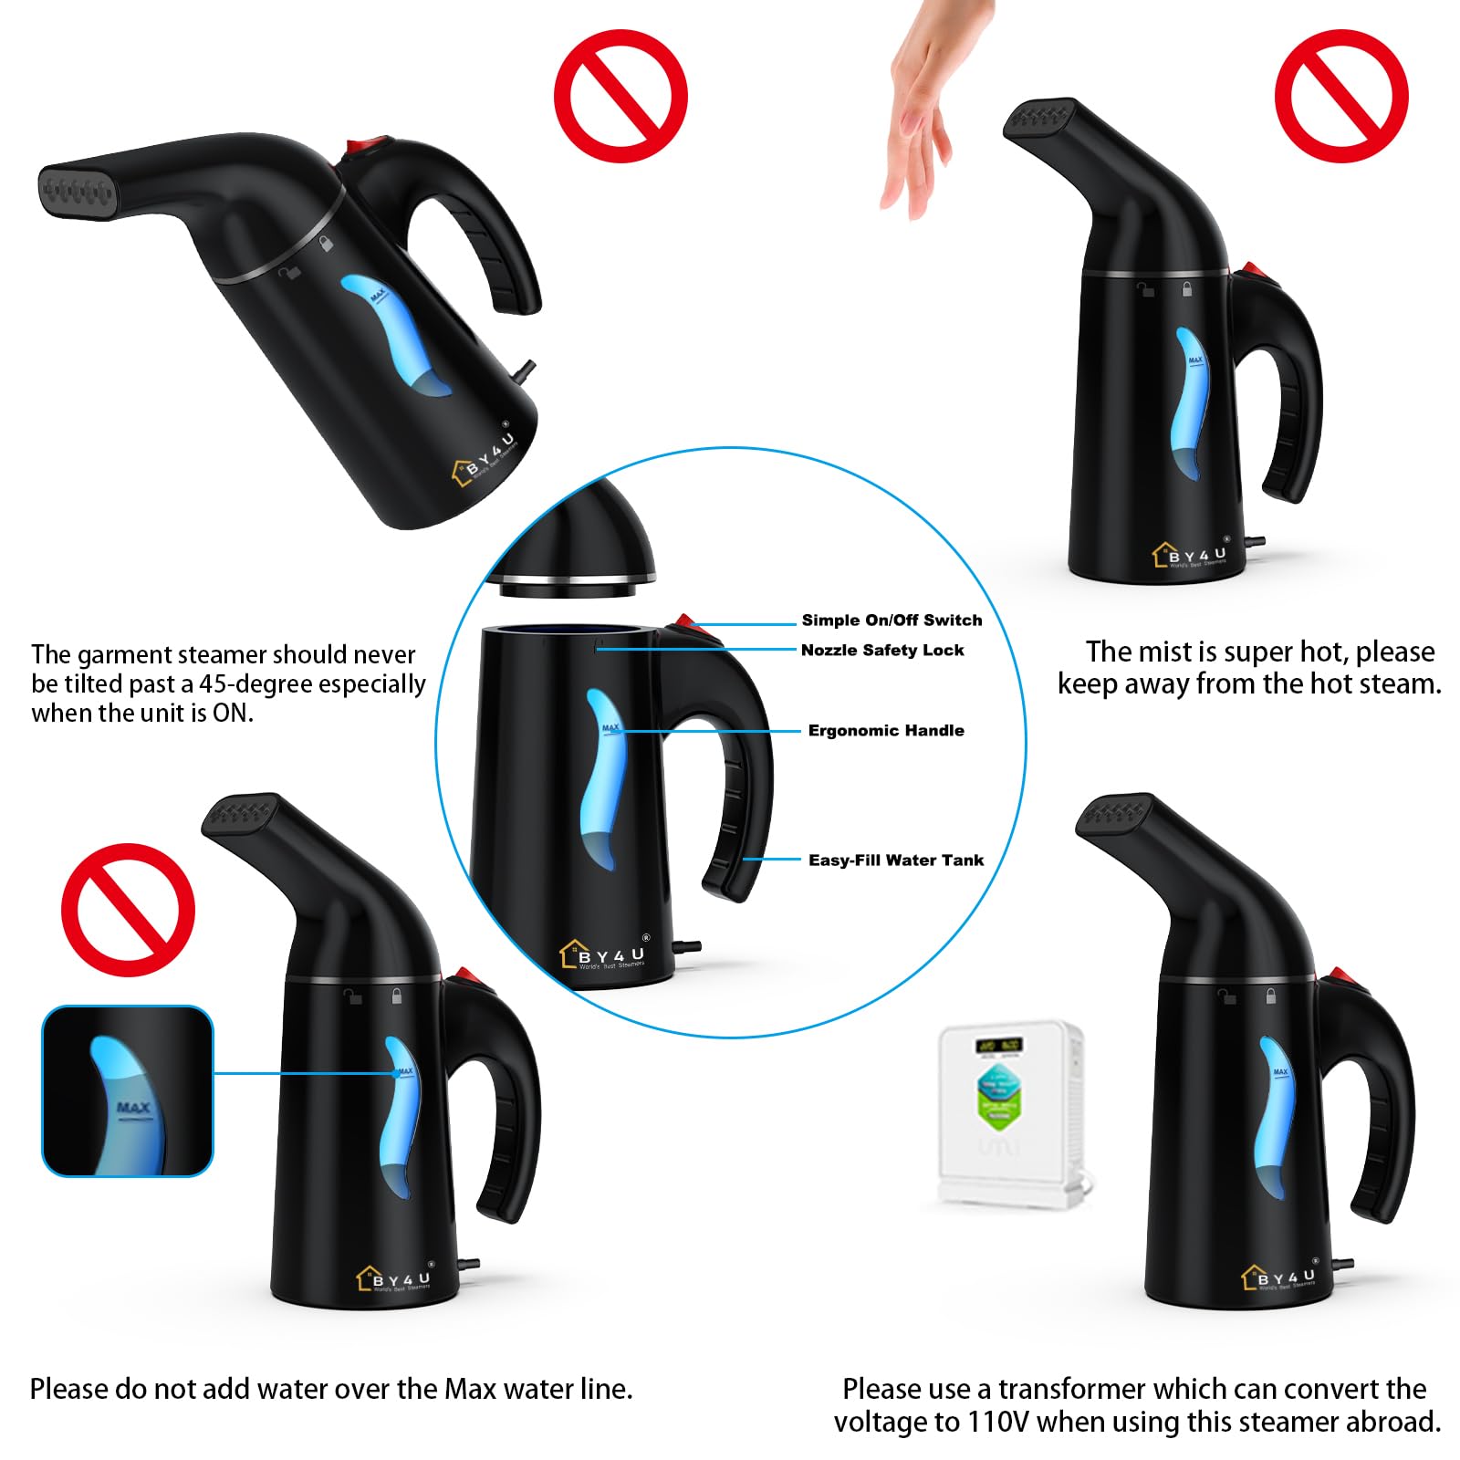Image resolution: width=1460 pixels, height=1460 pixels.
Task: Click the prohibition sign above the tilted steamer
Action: pos(620,96)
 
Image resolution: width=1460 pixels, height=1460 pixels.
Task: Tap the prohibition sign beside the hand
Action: pos(1341,96)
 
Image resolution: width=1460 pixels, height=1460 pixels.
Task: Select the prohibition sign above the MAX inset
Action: pos(128,910)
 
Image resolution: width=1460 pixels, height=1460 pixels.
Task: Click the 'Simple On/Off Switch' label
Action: pos(892,620)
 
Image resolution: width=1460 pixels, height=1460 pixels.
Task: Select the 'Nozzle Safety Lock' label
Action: pos(882,651)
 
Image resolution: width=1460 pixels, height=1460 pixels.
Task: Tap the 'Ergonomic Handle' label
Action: pos(886,731)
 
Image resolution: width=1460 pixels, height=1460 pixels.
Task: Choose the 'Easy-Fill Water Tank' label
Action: pos(896,860)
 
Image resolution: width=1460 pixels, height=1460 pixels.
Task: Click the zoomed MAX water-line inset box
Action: pos(128,1091)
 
